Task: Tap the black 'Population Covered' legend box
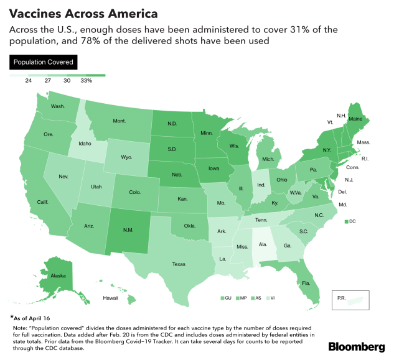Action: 42,62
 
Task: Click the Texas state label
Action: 179,264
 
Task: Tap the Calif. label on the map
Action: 43,202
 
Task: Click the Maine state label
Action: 355,119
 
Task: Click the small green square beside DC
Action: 345,221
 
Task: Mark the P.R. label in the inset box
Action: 341,298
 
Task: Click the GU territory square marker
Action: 222,298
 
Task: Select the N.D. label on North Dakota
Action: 174,123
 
